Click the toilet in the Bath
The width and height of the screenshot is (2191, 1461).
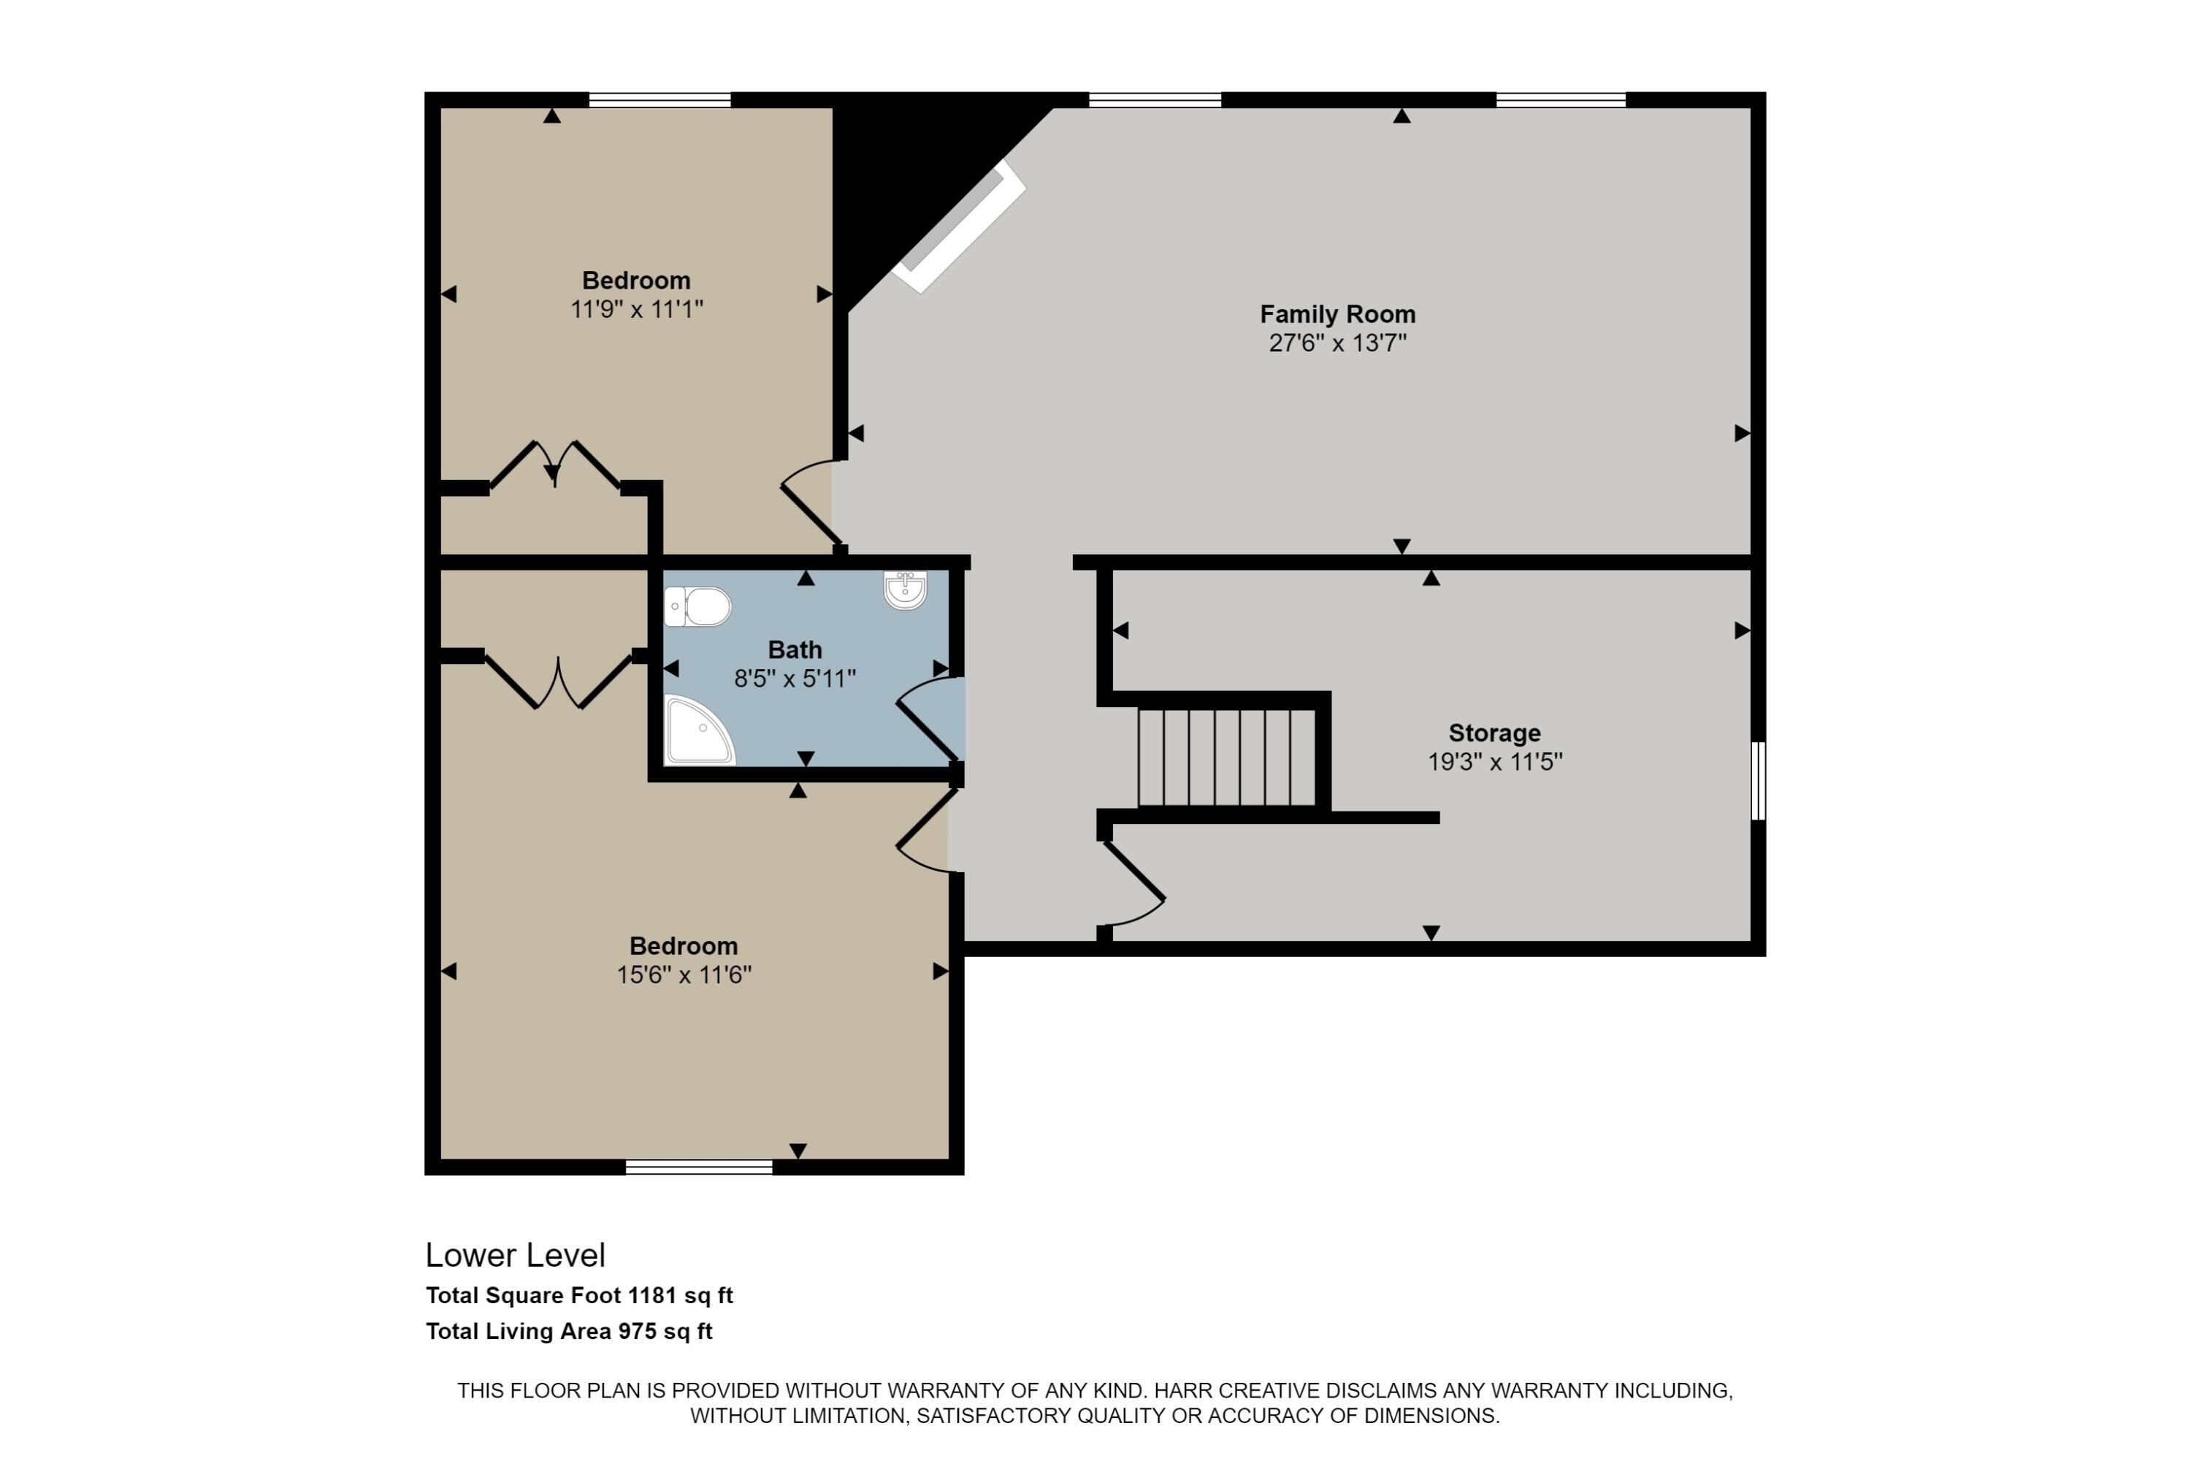pyautogui.click(x=697, y=606)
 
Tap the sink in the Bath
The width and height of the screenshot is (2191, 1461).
pyautogui.click(x=905, y=590)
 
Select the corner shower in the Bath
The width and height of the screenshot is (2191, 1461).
pyautogui.click(x=700, y=730)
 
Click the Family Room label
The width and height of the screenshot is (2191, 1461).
pyautogui.click(x=1338, y=314)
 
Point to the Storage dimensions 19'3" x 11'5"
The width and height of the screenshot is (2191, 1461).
pyautogui.click(x=1495, y=762)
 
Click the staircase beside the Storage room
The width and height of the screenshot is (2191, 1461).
pyautogui.click(x=1227, y=758)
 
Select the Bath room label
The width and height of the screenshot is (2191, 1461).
pyautogui.click(x=795, y=649)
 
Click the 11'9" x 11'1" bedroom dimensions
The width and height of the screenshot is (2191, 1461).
pyautogui.click(x=636, y=309)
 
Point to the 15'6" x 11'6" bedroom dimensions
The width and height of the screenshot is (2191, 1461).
pyautogui.click(x=684, y=974)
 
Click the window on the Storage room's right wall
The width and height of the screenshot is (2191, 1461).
pyautogui.click(x=1758, y=781)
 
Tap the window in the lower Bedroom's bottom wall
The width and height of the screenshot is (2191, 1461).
pyautogui.click(x=699, y=1167)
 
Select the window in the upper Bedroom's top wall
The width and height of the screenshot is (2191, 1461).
pyautogui.click(x=659, y=99)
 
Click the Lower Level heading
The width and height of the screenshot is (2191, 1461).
pyautogui.click(x=515, y=1256)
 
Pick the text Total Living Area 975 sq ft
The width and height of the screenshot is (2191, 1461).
pyautogui.click(x=569, y=1332)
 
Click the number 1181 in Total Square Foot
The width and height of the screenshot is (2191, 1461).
pyautogui.click(x=653, y=1295)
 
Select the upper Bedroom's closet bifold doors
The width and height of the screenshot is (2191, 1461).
pyautogui.click(x=555, y=464)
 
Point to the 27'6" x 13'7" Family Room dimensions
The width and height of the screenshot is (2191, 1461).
pyautogui.click(x=1338, y=343)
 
